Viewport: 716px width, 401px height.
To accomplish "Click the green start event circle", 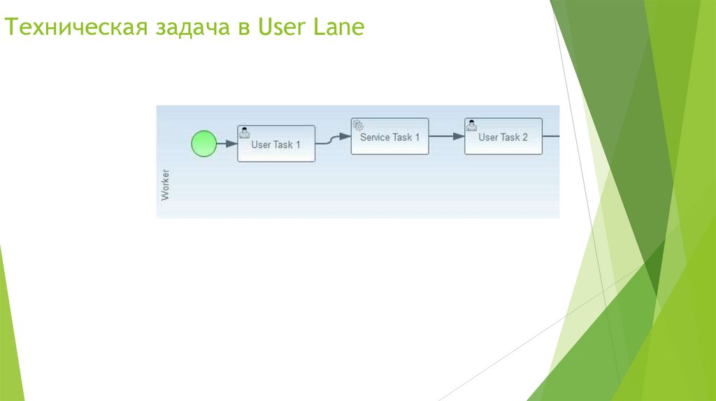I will pyautogui.click(x=203, y=144).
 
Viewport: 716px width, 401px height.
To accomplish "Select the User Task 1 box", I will pyautogui.click(x=276, y=144).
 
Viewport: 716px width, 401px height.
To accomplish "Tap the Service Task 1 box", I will pyautogui.click(x=389, y=136).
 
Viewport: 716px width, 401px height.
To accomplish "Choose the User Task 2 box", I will pyautogui.click(x=503, y=136).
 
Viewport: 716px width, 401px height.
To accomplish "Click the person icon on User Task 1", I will pyautogui.click(x=244, y=132).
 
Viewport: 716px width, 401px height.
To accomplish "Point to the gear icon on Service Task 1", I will pyautogui.click(x=357, y=125).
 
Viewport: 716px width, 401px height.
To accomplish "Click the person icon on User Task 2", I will pyautogui.click(x=471, y=125).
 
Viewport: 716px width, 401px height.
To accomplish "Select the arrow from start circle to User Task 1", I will pyautogui.click(x=227, y=144).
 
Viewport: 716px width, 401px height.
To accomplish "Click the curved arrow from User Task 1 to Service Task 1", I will pyautogui.click(x=332, y=139).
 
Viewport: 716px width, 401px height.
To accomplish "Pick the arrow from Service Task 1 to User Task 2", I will pyautogui.click(x=446, y=136).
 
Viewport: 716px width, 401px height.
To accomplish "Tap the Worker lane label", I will pyautogui.click(x=165, y=184).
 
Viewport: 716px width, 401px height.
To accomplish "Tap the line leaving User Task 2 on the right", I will pyautogui.click(x=551, y=136).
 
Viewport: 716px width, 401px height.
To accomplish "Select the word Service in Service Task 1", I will pyautogui.click(x=375, y=138).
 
